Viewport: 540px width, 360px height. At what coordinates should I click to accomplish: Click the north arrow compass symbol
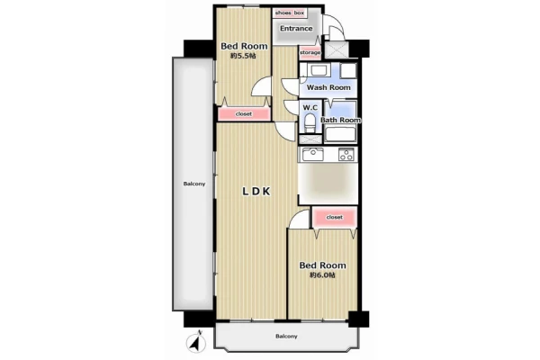tap(196, 342)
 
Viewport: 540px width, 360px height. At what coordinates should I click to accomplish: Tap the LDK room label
tap(256, 191)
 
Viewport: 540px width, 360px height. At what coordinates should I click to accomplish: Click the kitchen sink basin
tap(312, 154)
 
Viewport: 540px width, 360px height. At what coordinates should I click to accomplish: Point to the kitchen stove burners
tap(346, 154)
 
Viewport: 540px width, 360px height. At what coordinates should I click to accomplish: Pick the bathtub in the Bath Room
tap(340, 134)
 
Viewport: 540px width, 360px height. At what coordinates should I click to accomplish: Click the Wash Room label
tap(328, 87)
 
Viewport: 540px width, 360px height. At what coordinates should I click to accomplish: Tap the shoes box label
tap(290, 13)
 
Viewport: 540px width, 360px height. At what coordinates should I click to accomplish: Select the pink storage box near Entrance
tap(310, 53)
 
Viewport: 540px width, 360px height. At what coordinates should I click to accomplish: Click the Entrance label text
tap(296, 28)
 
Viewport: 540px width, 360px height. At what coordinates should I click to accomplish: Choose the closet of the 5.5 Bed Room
tap(244, 113)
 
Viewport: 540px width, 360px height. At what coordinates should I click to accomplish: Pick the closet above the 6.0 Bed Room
tap(335, 217)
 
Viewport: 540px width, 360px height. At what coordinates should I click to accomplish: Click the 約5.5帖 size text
tap(243, 56)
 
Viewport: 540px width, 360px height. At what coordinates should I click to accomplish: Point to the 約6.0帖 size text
tap(322, 274)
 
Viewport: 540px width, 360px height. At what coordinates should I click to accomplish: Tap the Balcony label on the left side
tap(194, 184)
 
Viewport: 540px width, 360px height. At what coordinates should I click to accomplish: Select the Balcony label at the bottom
tap(286, 337)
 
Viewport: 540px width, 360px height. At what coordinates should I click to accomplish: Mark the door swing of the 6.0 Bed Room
tap(299, 219)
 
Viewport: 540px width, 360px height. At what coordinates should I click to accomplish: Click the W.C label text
tap(310, 108)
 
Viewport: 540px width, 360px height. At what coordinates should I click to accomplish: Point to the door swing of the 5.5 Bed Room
tap(261, 86)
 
